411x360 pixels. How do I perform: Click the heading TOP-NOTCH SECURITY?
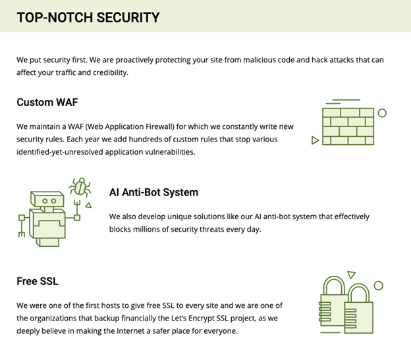click(88, 18)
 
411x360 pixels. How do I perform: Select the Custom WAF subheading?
click(47, 102)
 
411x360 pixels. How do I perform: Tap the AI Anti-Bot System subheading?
click(153, 192)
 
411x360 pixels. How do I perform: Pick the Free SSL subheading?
click(38, 281)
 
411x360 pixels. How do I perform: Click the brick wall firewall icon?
click(348, 126)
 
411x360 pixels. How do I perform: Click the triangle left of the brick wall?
click(315, 140)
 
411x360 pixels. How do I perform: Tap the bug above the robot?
click(80, 187)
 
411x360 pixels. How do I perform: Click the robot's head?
click(47, 199)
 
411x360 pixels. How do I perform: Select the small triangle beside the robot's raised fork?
click(89, 205)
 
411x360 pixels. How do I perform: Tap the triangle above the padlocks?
click(351, 274)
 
